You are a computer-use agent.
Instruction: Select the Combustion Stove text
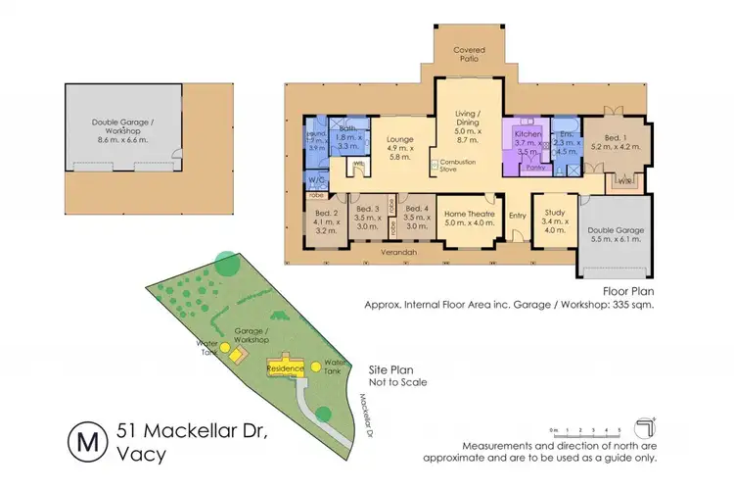pyautogui.click(x=458, y=166)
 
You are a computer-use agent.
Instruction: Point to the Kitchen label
pyautogui.click(x=528, y=132)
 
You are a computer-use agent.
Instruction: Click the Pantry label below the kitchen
pyautogui.click(x=535, y=169)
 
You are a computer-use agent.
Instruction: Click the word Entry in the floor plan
pyautogui.click(x=517, y=216)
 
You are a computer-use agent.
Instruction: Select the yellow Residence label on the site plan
pyautogui.click(x=287, y=368)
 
